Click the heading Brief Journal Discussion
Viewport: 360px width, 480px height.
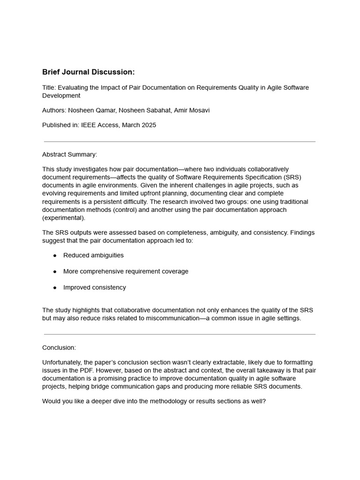pos(88,72)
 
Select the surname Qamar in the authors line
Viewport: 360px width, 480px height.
pos(106,110)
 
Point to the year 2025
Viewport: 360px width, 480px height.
pos(148,125)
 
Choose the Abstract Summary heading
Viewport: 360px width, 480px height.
pos(69,154)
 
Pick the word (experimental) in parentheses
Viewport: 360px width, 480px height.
pos(64,218)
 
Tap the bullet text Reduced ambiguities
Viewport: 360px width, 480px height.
pos(93,255)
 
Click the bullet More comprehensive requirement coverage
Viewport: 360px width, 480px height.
pos(126,271)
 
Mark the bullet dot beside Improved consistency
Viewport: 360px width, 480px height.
pos(55,287)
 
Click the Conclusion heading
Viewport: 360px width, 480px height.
pos(59,348)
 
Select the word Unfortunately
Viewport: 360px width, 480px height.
pos(61,363)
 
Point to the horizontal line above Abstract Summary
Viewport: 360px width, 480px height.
pos(180,142)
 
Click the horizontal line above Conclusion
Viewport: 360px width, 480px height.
pos(180,334)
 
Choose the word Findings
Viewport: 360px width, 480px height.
pos(301,232)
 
